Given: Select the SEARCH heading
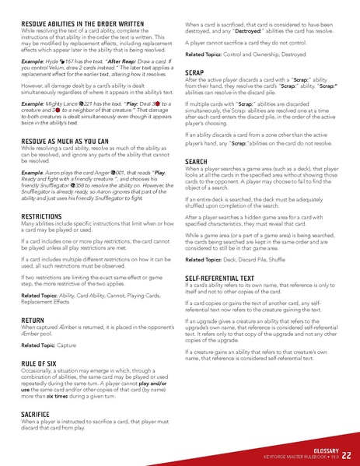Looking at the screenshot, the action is coord(200,161).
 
